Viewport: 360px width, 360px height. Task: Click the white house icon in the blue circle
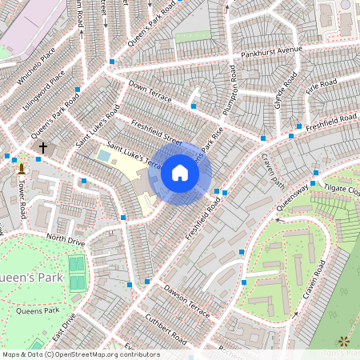pos(180,173)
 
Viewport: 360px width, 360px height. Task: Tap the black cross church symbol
pos(43,148)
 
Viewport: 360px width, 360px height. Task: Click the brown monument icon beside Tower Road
pos(22,168)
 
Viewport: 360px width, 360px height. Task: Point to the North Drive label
pos(65,238)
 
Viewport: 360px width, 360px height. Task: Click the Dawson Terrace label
pos(186,300)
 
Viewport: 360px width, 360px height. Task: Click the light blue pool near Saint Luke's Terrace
pos(104,156)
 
